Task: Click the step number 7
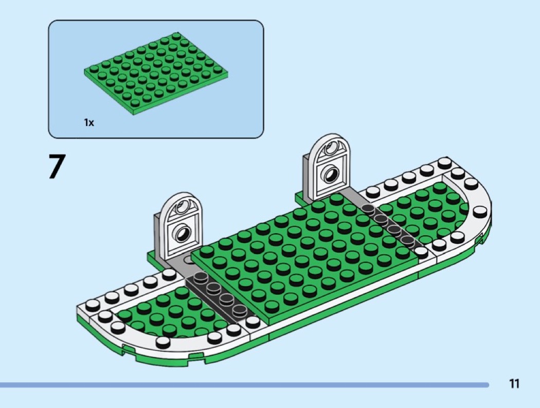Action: pyautogui.click(x=57, y=167)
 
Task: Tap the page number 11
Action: pyautogui.click(x=514, y=384)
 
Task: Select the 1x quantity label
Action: pyautogui.click(x=89, y=123)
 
